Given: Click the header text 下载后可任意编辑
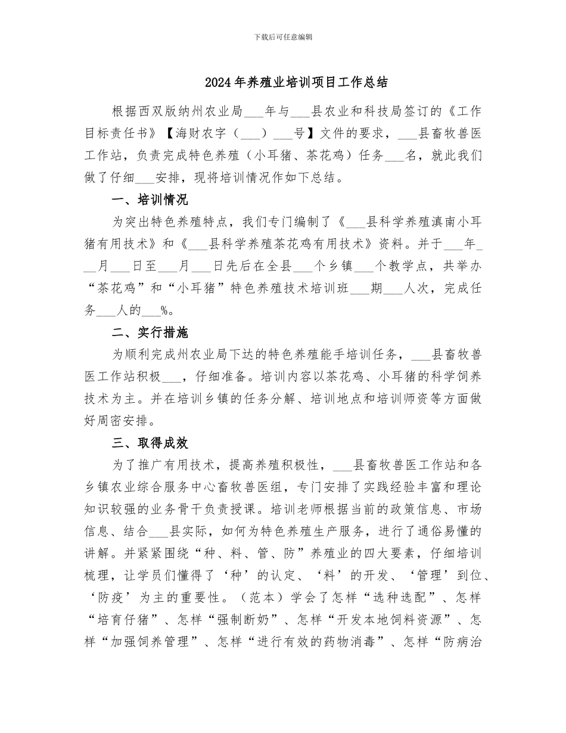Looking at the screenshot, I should pyautogui.click(x=283, y=37).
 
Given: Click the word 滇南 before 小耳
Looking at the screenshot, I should pyautogui.click(x=424, y=222).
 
